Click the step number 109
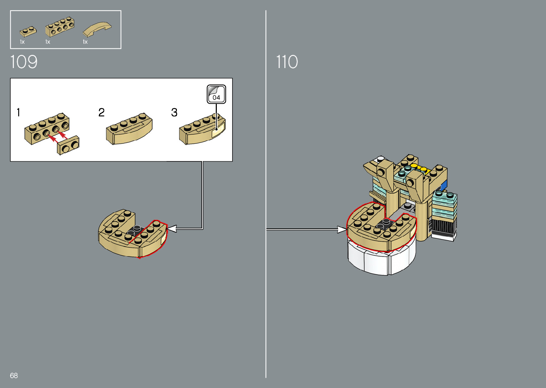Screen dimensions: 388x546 coord(24,62)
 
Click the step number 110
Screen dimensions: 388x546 coord(287,62)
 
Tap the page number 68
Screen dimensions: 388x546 coord(14,376)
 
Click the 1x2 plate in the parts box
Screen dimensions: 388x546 coord(28,32)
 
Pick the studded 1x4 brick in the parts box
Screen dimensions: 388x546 coord(60,27)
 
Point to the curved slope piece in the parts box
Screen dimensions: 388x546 coord(97,29)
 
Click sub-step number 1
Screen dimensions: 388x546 coord(18,113)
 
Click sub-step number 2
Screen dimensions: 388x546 coord(102,113)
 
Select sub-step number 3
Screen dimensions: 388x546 coord(174,113)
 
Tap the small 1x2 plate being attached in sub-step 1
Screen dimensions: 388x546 coord(68,145)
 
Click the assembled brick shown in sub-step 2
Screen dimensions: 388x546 coord(129,129)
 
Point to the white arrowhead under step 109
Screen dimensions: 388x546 coord(172,229)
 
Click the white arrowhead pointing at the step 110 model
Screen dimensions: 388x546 coord(342,229)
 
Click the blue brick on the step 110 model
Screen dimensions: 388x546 coord(444,186)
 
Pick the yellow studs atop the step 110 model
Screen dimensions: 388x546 coord(419,167)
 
